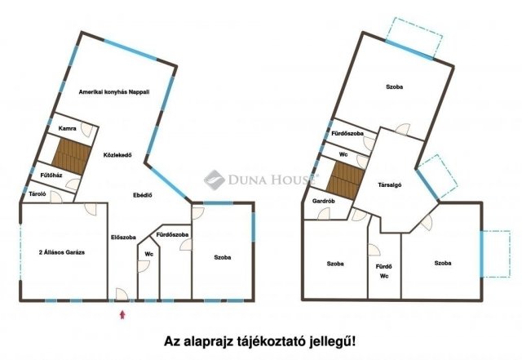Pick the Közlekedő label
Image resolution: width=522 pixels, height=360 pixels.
[118, 153]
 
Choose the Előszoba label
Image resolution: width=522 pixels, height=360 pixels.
[123, 238]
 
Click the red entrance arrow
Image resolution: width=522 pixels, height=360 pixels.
[122, 313]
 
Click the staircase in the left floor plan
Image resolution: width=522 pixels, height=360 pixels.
[69, 154]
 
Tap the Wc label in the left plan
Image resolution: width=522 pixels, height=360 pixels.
[148, 254]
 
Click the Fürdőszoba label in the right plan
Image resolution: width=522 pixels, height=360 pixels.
[347, 132]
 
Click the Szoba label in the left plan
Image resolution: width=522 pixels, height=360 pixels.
[222, 257]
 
